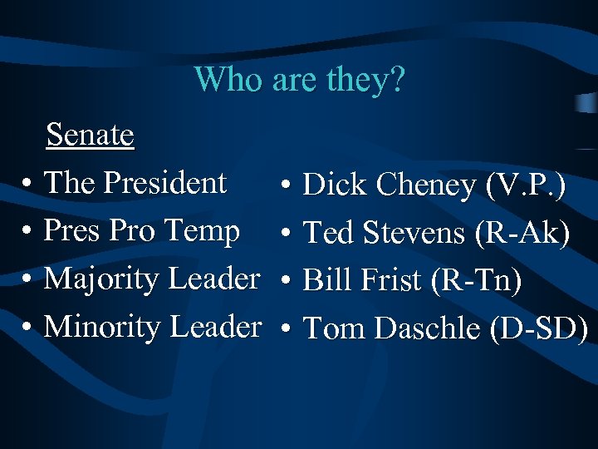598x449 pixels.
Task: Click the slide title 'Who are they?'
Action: (x=299, y=79)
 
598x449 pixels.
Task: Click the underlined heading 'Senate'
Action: (x=90, y=134)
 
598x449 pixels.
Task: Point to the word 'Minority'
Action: (x=102, y=327)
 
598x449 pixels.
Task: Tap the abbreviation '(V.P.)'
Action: (x=527, y=185)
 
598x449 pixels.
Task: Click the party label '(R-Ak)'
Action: (x=522, y=234)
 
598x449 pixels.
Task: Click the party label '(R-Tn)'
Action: (x=475, y=281)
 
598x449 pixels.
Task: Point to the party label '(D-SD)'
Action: (x=539, y=329)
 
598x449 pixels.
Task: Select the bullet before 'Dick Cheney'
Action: (x=285, y=186)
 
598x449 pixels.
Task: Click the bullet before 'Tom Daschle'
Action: (x=285, y=330)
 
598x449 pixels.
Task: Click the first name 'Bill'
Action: (x=325, y=281)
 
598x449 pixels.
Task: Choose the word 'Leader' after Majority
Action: (x=214, y=279)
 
